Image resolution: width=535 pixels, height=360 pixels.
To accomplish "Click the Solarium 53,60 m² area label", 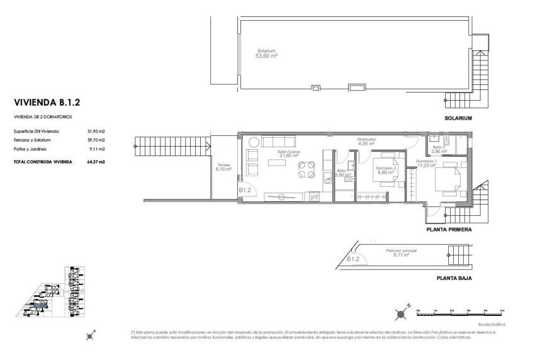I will click(x=266, y=53).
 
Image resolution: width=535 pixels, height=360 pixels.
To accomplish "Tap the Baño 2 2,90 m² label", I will click(x=439, y=149).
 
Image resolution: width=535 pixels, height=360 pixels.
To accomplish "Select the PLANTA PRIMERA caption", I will click(x=449, y=230).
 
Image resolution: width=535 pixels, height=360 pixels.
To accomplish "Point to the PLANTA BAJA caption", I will click(x=454, y=277).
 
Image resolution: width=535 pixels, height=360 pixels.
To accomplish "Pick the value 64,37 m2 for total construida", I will click(x=96, y=162).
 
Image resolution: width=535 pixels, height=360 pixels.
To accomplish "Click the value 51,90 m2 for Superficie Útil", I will click(x=96, y=131).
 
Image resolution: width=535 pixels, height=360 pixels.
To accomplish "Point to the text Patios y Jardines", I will click(x=31, y=149).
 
